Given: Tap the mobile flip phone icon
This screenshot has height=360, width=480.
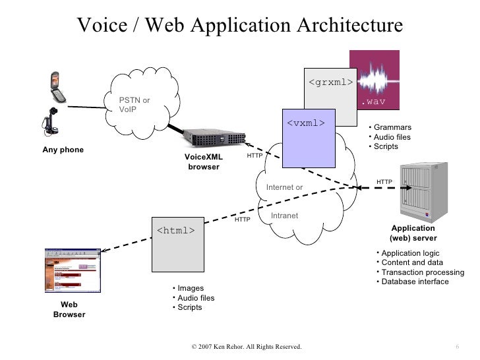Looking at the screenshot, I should pyautogui.click(x=56, y=87).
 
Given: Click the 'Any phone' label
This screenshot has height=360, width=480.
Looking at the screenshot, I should pyautogui.click(x=63, y=150).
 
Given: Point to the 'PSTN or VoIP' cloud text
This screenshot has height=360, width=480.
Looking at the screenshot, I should pyautogui.click(x=134, y=105).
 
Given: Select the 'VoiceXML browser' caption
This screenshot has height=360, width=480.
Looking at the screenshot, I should pyautogui.click(x=204, y=162).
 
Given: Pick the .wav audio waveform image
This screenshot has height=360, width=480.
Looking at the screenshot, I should pyautogui.click(x=374, y=79).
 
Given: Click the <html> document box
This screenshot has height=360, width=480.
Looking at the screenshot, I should pyautogui.click(x=176, y=244).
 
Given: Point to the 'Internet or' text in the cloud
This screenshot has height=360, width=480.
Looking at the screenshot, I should pyautogui.click(x=284, y=187).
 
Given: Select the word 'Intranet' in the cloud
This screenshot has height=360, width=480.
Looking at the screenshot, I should pyautogui.click(x=285, y=216).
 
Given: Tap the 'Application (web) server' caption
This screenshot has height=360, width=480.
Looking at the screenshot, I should pyautogui.click(x=413, y=233).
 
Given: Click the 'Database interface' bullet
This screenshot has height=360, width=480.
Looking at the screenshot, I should pyautogui.click(x=415, y=282).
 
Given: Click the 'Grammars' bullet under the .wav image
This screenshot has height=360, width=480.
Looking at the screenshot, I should pyautogui.click(x=392, y=127).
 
